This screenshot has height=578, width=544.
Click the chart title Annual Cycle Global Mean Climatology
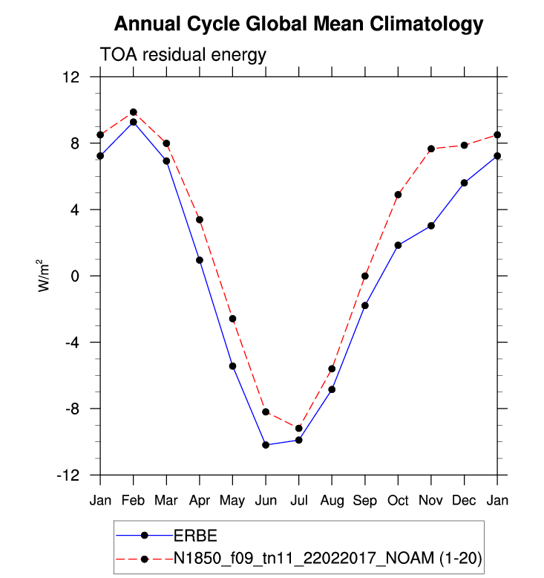[x=298, y=25]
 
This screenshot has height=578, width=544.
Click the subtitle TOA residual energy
[x=183, y=55]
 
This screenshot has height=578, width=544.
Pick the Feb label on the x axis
[x=133, y=500]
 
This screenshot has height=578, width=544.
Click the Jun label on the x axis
[x=265, y=500]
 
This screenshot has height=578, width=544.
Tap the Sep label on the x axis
[x=364, y=500]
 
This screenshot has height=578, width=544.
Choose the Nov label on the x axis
[x=430, y=500]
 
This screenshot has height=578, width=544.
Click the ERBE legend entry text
[x=195, y=535]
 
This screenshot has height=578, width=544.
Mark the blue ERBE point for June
[x=266, y=445]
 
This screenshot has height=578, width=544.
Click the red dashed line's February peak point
[x=134, y=112]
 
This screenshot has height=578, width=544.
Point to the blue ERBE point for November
[x=431, y=225]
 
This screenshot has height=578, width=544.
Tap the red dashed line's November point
[x=431, y=149]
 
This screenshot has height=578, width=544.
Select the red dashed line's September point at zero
[x=365, y=276]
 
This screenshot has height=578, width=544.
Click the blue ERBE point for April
[x=200, y=260]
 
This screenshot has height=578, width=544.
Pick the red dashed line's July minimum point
[x=298, y=428]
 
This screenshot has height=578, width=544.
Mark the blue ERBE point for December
[x=465, y=183]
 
